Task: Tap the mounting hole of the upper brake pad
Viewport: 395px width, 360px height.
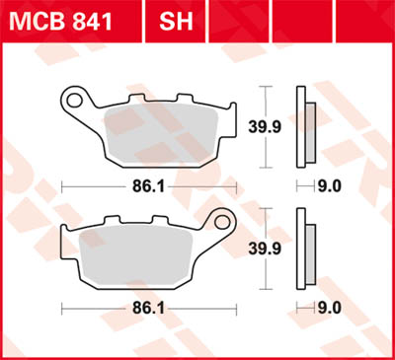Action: (x=72, y=99)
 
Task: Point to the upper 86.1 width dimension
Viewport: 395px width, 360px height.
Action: (x=148, y=184)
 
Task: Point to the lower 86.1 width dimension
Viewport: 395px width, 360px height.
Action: (x=148, y=307)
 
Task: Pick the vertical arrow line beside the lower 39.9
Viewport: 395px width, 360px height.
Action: (x=269, y=247)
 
